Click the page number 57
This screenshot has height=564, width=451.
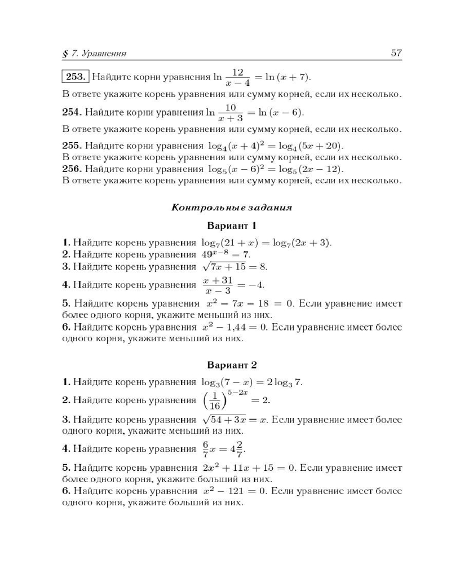tap(396, 54)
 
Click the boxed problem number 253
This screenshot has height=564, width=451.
tap(75, 77)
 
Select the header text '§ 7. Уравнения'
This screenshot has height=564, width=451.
tap(94, 54)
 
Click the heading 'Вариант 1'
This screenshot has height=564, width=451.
tap(232, 226)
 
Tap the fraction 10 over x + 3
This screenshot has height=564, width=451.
tap(230, 112)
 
